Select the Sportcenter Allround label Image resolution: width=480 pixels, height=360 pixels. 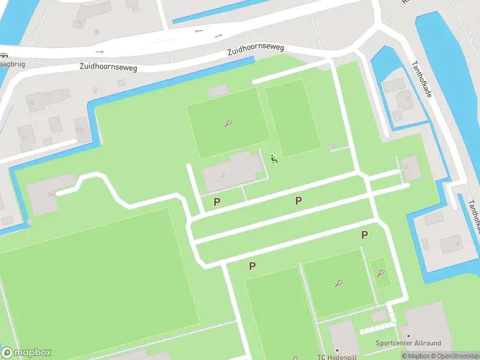tap(408, 343)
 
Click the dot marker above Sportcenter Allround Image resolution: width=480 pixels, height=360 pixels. tap(409, 335)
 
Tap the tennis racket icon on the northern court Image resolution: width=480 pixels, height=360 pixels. tap(228, 124)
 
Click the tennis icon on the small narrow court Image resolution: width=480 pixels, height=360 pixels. tap(380, 273)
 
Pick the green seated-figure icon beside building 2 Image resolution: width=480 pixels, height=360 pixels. tap(274, 159)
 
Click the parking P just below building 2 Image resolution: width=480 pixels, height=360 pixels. tap(217, 202)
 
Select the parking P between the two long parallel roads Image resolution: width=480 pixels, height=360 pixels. tap(298, 200)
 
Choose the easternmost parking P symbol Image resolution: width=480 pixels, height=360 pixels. tap(364, 235)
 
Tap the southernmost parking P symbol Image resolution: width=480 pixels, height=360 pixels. tap(253, 266)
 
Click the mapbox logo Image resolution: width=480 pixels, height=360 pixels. tap(26, 353)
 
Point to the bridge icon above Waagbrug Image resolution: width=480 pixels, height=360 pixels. tap(3, 56)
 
